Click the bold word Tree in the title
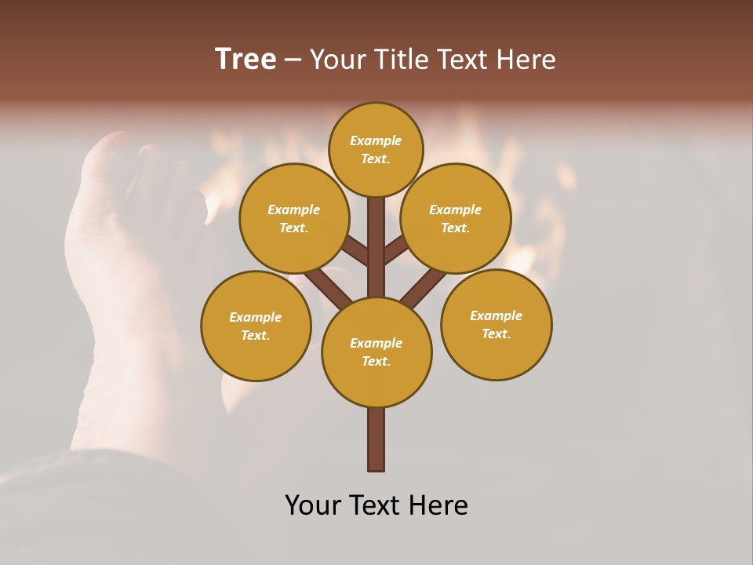point(246,59)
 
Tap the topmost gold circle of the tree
point(376,149)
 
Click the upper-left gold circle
point(294,218)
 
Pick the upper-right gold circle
point(456,218)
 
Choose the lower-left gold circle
point(256,326)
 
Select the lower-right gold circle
point(496,324)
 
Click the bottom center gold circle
point(376,352)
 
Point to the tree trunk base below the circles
point(376,439)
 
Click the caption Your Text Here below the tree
point(376,505)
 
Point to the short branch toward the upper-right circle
point(395,250)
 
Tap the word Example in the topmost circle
point(376,140)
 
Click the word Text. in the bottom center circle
point(376,361)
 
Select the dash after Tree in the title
point(293,59)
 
